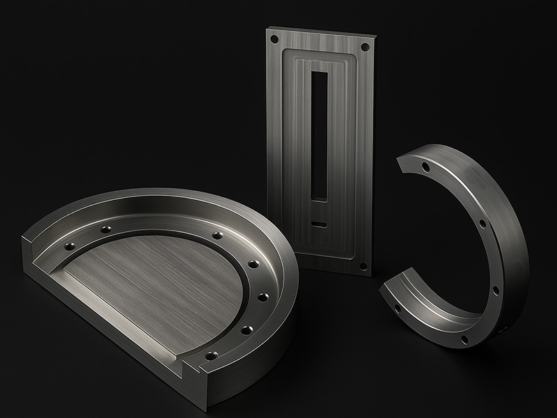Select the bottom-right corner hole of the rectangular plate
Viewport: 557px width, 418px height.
click(362, 265)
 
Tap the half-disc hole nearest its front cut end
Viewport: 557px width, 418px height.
click(212, 355)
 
